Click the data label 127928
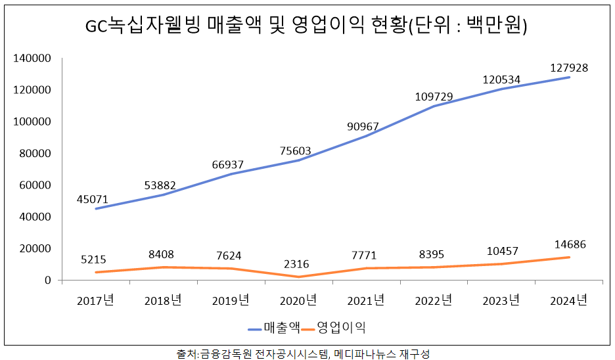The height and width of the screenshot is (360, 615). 569,68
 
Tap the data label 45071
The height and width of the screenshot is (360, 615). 93,199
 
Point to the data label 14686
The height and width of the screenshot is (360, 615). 568,244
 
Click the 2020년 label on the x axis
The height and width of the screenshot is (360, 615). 298,301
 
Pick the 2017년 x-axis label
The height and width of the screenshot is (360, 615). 95,301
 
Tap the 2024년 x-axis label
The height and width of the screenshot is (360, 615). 569,301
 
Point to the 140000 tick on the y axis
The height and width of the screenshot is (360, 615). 32,58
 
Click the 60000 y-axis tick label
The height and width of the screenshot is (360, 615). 34,185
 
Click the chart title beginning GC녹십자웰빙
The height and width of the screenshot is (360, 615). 307,26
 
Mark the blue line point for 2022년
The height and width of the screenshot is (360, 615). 434,106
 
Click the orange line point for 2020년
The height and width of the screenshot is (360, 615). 298,277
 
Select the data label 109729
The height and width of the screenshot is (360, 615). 434,97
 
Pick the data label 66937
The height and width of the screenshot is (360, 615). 229,164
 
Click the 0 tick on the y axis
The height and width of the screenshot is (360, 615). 47,281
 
